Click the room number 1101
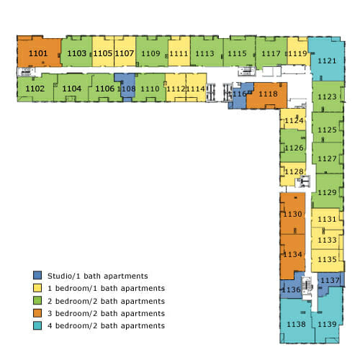pos(38,53)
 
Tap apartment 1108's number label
pos(127,89)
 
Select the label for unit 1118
pos(268,94)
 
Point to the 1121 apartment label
pos(327,60)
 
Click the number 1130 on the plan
pos(292,214)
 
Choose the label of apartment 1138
pos(297,324)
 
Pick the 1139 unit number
pos(327,324)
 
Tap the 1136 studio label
pos(291,289)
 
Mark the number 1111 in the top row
pos(179,53)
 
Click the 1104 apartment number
pos(72,89)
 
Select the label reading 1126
pos(294,148)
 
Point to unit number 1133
pos(327,240)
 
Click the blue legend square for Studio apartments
pos(37,275)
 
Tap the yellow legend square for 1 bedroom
pos(37,288)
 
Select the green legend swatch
pos(37,300)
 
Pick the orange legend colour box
pos(37,313)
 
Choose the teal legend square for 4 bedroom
pos(37,325)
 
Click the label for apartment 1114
pos(196,89)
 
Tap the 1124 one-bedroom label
pos(294,120)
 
